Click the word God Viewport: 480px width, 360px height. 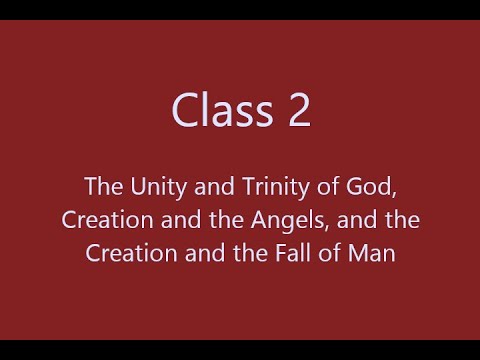coord(357,186)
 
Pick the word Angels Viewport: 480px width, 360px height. coord(286,220)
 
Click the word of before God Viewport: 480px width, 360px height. coord(323,186)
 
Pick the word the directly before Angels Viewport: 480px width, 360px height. coord(234,220)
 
